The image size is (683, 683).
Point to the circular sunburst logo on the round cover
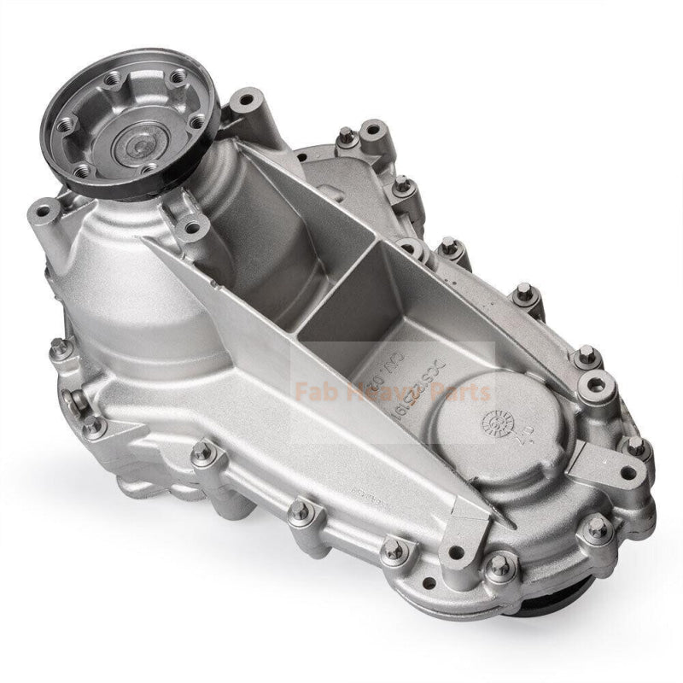(x=493, y=421)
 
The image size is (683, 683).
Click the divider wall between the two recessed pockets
(x=337, y=283)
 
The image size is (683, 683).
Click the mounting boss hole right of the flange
(x=248, y=102)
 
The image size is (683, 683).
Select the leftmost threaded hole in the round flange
(x=68, y=124)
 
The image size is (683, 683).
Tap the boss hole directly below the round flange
(x=193, y=229)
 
